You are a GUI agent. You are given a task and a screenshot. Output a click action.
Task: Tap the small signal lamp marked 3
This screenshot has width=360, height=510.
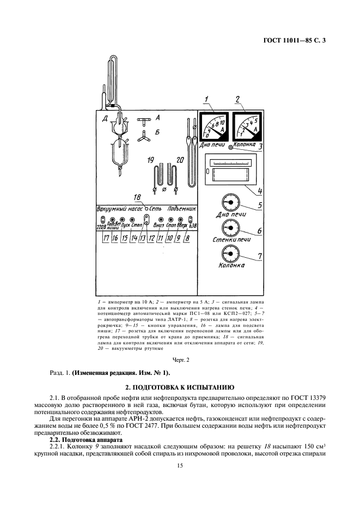tap(231, 147)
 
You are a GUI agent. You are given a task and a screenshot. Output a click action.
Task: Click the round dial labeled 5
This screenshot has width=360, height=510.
tap(230, 202)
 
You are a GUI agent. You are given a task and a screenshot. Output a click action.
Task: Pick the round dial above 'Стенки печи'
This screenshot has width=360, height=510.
tap(230, 228)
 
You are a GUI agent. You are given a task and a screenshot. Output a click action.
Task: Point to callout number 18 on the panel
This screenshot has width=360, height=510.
tap(138, 197)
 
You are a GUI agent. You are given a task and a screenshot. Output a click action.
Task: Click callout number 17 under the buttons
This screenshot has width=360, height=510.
tap(106, 239)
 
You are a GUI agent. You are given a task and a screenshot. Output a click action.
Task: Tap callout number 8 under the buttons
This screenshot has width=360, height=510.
tap(188, 239)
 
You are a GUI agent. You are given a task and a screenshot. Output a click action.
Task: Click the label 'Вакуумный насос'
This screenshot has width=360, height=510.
tap(120, 209)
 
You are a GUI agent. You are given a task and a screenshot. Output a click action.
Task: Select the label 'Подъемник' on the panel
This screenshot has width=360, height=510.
tap(182, 209)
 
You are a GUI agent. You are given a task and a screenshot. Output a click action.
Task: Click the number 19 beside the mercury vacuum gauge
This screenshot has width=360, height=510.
tap(150, 160)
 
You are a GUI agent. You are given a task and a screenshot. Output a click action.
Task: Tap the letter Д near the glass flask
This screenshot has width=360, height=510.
tap(105, 118)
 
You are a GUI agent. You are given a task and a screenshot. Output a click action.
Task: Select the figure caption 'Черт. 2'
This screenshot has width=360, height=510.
tap(180, 360)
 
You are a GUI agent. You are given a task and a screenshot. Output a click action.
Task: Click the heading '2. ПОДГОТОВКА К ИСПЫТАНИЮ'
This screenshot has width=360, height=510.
tap(180, 387)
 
